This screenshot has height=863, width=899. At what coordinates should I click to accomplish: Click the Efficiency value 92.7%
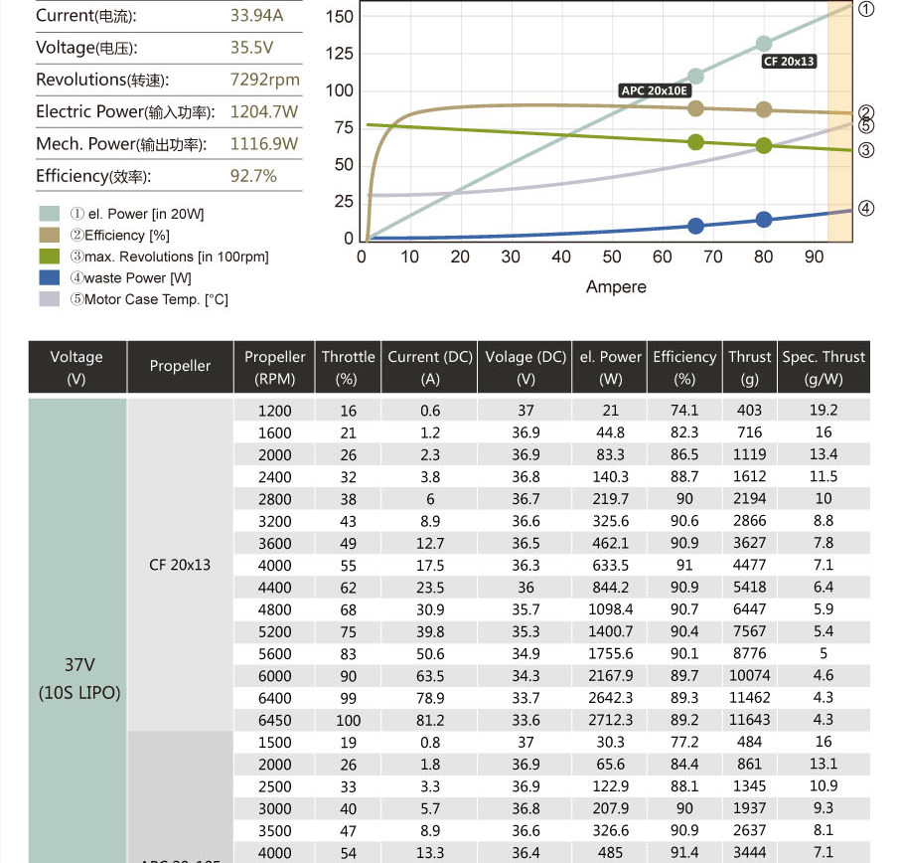pyautogui.click(x=253, y=176)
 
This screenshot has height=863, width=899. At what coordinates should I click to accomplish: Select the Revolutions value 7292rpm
pyautogui.click(x=264, y=81)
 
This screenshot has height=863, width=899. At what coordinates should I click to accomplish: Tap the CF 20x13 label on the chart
pyautogui.click(x=789, y=62)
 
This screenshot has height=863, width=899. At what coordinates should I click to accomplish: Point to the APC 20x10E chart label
pyautogui.click(x=653, y=89)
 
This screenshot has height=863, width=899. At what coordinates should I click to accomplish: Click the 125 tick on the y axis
pyautogui.click(x=340, y=54)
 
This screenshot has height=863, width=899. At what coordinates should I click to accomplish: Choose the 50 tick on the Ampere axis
pyautogui.click(x=612, y=258)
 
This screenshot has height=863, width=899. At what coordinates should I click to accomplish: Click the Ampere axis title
pyautogui.click(x=616, y=287)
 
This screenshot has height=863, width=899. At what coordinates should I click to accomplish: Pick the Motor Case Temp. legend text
pyautogui.click(x=148, y=299)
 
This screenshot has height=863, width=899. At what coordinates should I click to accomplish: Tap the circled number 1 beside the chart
pyautogui.click(x=866, y=9)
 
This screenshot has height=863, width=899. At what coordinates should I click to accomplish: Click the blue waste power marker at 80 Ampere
pyautogui.click(x=764, y=220)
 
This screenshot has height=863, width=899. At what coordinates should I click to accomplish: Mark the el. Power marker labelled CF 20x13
pyautogui.click(x=764, y=44)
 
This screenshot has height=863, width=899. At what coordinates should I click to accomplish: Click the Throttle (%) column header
pyautogui.click(x=348, y=367)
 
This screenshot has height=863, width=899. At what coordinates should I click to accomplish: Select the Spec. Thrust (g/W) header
pyautogui.click(x=824, y=367)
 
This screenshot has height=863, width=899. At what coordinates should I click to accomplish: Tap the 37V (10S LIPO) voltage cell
pyautogui.click(x=77, y=677)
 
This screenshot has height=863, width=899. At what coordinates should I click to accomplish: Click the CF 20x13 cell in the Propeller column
pyautogui.click(x=180, y=565)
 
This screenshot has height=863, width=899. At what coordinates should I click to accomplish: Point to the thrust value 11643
pyautogui.click(x=749, y=720)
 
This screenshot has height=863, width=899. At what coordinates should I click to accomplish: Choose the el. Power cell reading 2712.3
pyautogui.click(x=610, y=720)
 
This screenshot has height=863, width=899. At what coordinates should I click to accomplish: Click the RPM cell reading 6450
pyautogui.click(x=274, y=720)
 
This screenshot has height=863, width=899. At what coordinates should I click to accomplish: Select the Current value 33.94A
pyautogui.click(x=256, y=16)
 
